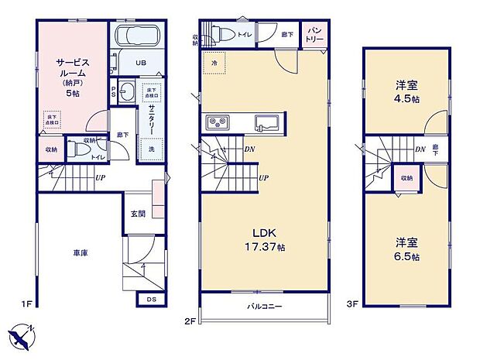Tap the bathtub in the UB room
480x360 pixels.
click(x=135, y=36)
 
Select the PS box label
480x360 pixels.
click(x=113, y=91)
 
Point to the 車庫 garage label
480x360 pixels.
click(x=80, y=253)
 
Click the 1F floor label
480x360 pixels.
click(x=26, y=304)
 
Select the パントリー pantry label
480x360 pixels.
click(x=314, y=35)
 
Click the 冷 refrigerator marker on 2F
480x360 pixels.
click(x=213, y=61)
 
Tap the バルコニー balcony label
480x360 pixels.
click(x=264, y=307)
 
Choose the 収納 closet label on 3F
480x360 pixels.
click(x=407, y=177)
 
